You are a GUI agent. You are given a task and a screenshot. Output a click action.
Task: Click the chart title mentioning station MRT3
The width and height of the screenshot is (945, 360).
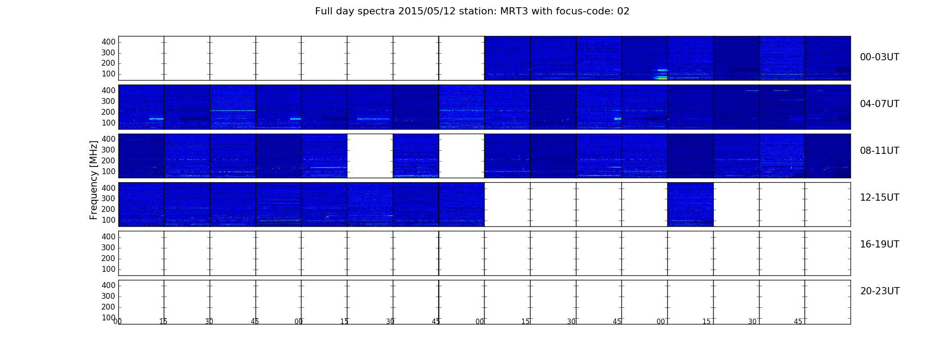[472, 11]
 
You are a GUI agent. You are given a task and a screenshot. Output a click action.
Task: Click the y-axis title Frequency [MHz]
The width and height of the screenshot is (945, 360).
[94, 180]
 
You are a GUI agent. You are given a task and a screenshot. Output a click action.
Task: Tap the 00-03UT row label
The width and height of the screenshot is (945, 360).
[879, 57]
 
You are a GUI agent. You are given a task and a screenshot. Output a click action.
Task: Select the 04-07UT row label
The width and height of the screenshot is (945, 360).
[879, 104]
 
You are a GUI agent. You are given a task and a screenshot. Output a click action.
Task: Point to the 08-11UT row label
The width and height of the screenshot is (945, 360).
[879, 151]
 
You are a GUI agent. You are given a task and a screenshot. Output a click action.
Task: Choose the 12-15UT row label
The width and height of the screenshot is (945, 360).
[879, 198]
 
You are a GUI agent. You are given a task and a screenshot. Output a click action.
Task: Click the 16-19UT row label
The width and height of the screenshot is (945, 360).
[879, 244]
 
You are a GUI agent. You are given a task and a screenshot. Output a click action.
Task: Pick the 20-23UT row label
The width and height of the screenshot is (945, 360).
[880, 291]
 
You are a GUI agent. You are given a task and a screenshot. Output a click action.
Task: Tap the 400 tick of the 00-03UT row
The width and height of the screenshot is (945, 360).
[108, 42]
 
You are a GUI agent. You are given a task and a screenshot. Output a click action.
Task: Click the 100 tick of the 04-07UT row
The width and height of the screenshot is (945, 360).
[108, 123]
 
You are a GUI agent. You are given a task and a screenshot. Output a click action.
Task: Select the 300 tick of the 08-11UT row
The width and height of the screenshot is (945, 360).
[108, 150]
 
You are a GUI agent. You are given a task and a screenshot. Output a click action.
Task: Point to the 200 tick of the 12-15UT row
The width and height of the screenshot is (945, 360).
[108, 209]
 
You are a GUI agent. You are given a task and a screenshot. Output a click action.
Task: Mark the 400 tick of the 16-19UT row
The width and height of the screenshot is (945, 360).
[108, 237]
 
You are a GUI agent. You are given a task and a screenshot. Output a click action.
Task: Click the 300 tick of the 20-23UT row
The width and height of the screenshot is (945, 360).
[108, 296]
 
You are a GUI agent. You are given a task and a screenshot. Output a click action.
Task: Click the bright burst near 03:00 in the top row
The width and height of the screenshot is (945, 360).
[661, 74]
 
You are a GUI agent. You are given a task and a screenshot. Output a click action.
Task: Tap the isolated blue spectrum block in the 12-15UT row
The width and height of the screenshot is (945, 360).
[690, 204]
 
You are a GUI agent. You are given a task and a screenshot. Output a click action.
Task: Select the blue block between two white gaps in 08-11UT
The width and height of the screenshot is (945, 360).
[416, 156]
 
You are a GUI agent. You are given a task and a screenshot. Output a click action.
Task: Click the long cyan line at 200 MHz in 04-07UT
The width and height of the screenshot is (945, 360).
[233, 111]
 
